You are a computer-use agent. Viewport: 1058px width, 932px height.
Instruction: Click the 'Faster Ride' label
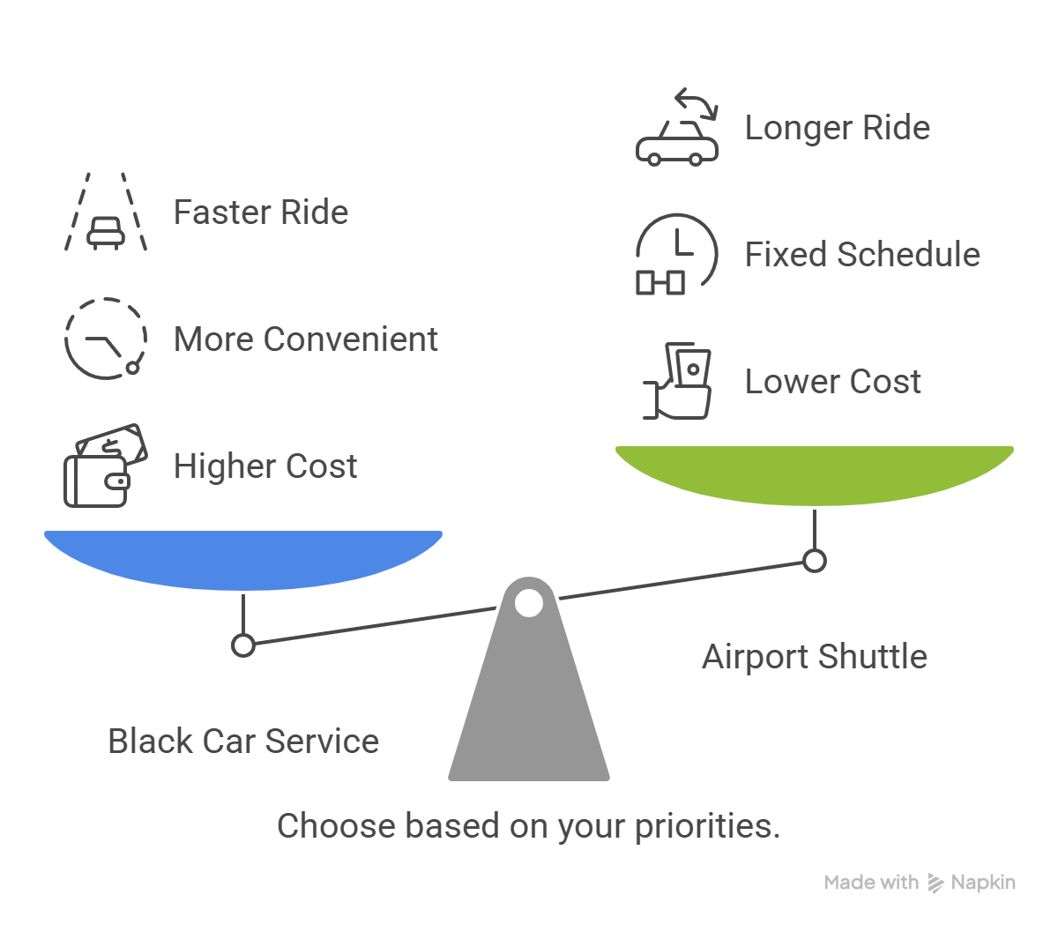[260, 212]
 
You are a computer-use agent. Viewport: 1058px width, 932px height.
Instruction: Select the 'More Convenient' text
[305, 339]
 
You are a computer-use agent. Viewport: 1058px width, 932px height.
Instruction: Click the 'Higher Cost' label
[264, 466]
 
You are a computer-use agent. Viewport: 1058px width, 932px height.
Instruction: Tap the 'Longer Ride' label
[837, 128]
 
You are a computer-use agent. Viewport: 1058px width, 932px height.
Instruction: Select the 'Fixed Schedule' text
[861, 255]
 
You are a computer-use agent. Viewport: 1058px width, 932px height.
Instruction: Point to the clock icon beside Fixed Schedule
[677, 254]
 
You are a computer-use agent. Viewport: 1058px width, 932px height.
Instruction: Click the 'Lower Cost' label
[832, 382]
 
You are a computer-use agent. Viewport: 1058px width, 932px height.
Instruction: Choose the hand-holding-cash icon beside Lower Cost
[677, 382]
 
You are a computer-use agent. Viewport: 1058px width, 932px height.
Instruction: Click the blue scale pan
[243, 557]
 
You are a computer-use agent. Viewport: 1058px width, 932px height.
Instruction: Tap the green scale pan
[815, 473]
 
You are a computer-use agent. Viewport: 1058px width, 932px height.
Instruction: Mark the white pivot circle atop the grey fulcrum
[529, 603]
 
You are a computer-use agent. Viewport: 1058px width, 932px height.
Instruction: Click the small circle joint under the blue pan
[243, 645]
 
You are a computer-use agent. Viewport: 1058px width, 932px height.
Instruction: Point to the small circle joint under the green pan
[815, 561]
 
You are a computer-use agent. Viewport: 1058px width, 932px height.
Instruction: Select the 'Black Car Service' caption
[243, 742]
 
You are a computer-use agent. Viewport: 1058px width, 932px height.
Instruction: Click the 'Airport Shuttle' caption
[815, 657]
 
